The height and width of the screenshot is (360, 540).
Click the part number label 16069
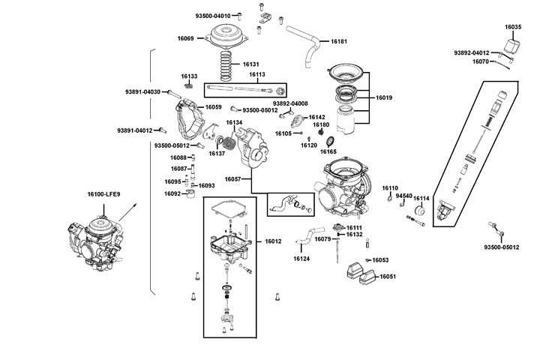tap(186, 38)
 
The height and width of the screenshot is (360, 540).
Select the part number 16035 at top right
tap(513, 27)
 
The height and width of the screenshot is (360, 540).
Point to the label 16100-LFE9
tap(103, 193)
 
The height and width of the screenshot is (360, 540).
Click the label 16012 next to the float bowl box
tap(273, 241)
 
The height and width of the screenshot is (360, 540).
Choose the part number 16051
tap(388, 277)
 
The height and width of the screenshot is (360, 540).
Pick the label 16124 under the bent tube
tap(301, 259)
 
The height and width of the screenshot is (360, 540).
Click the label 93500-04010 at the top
tap(213, 16)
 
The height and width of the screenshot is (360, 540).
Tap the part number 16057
tap(232, 180)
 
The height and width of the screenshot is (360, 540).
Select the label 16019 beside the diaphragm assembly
tap(384, 98)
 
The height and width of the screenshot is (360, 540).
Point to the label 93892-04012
tap(472, 52)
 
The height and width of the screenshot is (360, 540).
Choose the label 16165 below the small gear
tap(328, 151)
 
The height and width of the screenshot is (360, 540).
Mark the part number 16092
tap(172, 193)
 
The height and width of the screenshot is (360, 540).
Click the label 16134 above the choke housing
tap(234, 122)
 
